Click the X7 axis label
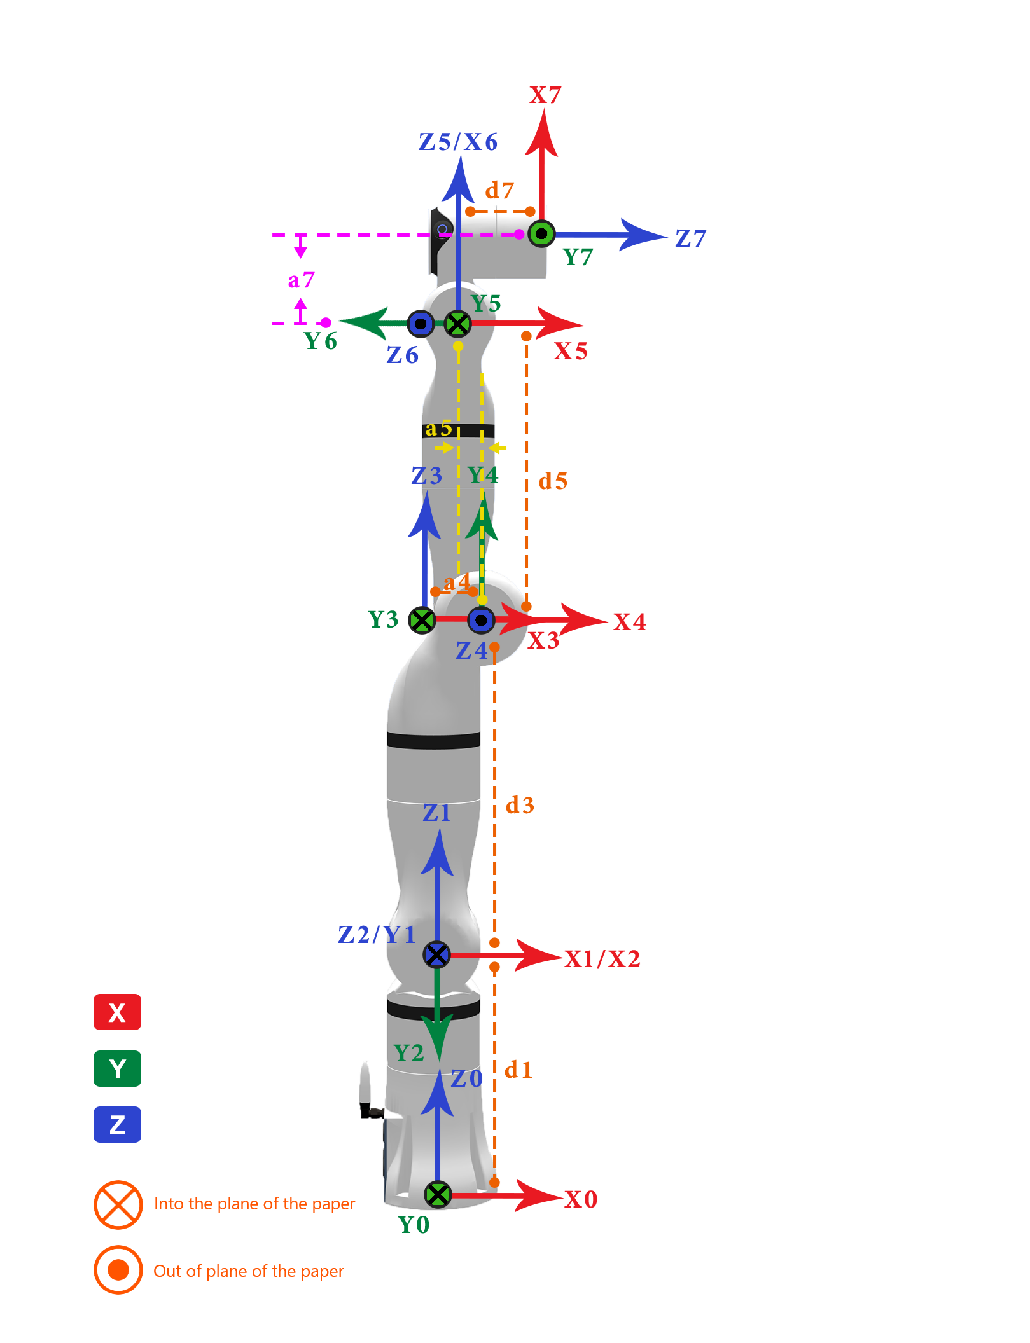point(545,95)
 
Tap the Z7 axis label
point(691,239)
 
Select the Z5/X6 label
point(458,142)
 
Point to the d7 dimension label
point(499,191)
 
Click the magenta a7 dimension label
point(302,280)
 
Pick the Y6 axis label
point(321,341)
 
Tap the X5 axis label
point(571,351)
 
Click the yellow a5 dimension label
point(438,429)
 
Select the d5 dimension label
point(553,481)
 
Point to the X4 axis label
point(630,622)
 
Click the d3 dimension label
point(520,806)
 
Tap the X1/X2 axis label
point(602,959)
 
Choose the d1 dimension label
point(518,1070)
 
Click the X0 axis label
point(581,1199)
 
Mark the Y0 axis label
point(414,1225)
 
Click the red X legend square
point(117,1012)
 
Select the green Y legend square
point(117,1068)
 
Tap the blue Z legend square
point(117,1125)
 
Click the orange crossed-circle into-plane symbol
point(118,1204)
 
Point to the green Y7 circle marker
point(541,234)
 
